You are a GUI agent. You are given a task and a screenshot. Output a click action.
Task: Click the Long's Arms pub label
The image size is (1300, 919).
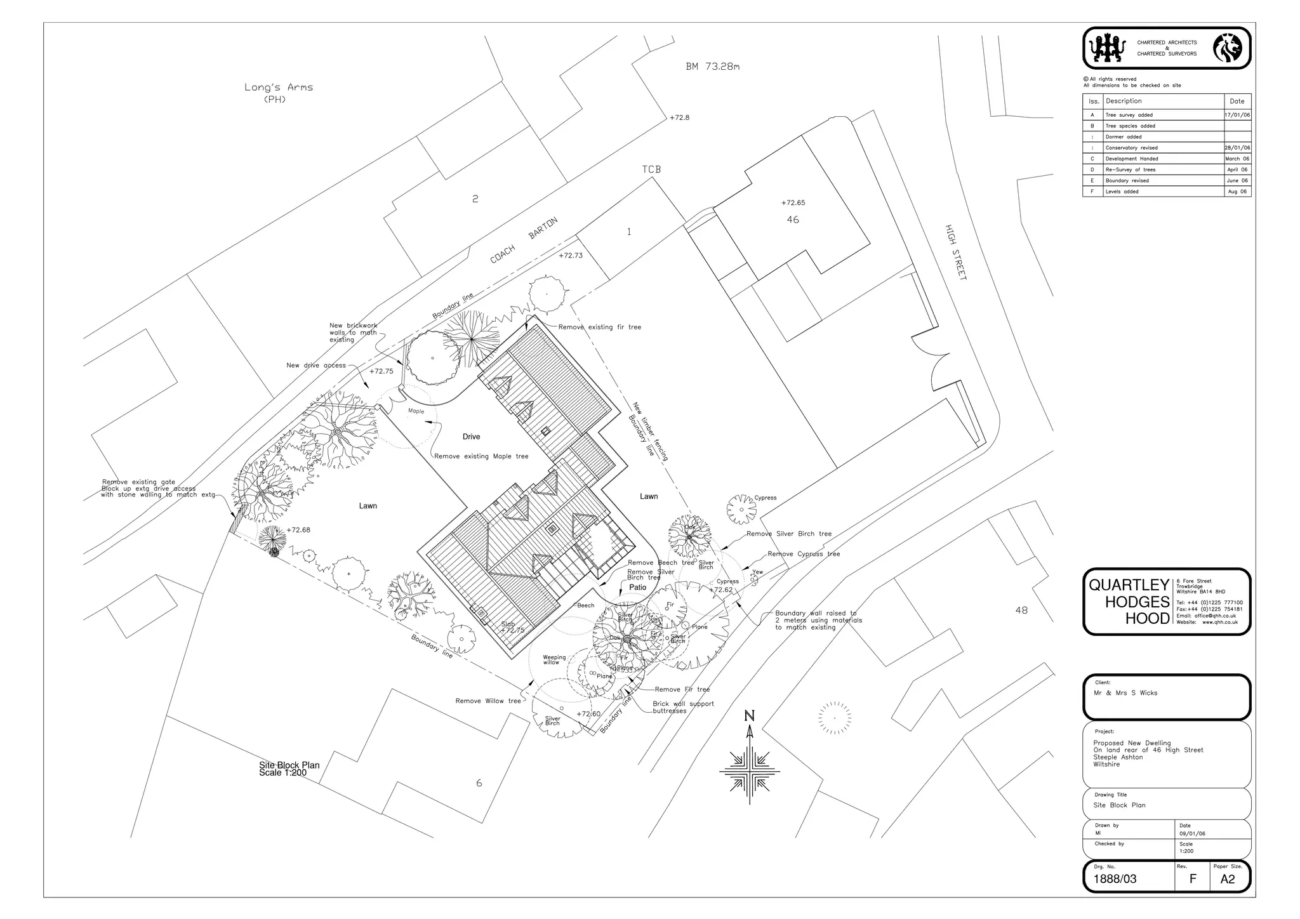[x=279, y=93]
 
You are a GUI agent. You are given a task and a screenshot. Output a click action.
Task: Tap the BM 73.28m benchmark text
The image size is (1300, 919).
[x=712, y=67]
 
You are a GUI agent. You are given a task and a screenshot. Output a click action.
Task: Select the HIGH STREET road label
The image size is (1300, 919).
[x=955, y=252]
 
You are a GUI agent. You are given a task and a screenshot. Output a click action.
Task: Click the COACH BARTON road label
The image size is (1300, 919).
[x=524, y=241]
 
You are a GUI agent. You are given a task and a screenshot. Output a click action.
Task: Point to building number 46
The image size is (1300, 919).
[x=793, y=220]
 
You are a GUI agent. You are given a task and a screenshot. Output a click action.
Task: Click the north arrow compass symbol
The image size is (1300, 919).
[x=750, y=761]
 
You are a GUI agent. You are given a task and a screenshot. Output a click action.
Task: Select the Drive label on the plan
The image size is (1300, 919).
[x=471, y=437]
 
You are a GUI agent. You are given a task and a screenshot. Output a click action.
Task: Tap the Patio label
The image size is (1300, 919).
[x=637, y=587]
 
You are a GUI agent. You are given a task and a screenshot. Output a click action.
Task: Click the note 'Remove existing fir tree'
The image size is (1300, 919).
[x=599, y=327]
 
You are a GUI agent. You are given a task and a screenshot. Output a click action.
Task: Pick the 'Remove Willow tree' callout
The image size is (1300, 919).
[x=487, y=701]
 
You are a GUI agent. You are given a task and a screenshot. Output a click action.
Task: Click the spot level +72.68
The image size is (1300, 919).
[x=298, y=530]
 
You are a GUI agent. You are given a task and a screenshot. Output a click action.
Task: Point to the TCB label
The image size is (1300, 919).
[x=651, y=169]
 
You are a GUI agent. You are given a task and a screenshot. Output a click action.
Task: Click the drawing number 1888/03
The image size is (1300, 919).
[x=1115, y=879]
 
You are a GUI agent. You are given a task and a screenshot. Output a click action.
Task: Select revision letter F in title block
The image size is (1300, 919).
[x=1192, y=879]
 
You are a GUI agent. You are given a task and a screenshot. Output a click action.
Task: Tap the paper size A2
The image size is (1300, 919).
[x=1228, y=879]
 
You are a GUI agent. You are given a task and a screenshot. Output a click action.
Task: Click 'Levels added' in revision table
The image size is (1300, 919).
[x=1122, y=192]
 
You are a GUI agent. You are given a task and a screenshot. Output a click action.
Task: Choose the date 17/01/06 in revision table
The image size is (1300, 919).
[x=1237, y=115]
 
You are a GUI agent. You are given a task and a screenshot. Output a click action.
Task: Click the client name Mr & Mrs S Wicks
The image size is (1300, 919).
[x=1125, y=693]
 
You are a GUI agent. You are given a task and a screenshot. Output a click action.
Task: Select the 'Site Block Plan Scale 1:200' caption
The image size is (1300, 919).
[x=289, y=769]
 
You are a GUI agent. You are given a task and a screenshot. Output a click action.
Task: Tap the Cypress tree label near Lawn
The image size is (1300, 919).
[x=765, y=498]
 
